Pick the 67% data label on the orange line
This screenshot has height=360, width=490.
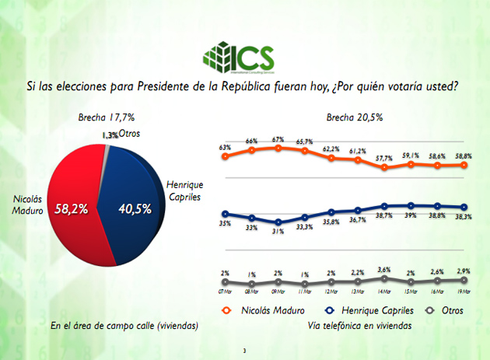point(278,139)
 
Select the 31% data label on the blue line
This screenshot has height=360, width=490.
point(278,231)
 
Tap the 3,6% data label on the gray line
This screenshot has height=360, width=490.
point(385,270)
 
